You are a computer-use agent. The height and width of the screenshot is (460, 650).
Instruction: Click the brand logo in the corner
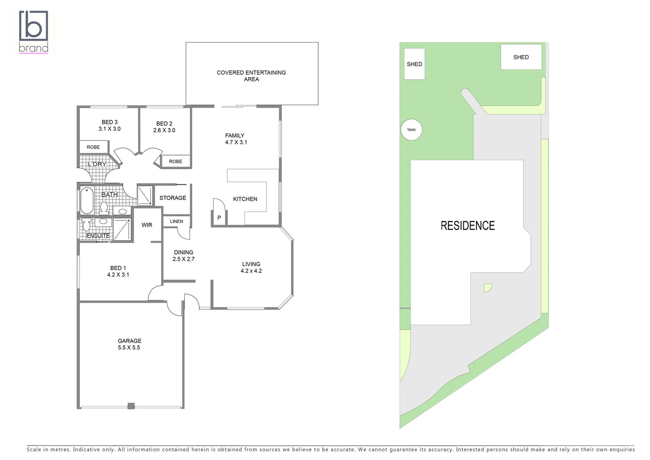33,32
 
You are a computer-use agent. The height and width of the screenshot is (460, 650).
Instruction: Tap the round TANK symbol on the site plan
411,129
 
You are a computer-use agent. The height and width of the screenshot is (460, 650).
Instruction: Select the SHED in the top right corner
521,57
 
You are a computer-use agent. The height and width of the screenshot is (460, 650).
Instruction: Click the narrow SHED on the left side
414,64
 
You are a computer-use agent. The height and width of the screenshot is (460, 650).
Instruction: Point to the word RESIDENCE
468,226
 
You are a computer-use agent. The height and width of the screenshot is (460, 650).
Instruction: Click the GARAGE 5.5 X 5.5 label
129,344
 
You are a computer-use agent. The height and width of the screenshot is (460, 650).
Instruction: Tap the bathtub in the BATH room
87,200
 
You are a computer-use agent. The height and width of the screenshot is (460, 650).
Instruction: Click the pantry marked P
219,218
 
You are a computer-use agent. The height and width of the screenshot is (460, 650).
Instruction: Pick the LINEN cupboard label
177,221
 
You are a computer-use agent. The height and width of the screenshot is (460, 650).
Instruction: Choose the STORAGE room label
173,198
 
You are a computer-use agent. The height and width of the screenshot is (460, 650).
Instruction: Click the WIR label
147,225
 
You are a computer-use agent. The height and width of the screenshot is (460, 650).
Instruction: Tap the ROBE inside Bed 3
93,147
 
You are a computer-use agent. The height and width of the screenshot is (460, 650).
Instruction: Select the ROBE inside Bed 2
175,161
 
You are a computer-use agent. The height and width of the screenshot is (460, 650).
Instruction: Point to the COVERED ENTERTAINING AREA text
251,76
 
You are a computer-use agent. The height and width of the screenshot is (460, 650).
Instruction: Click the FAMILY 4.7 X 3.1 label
236,139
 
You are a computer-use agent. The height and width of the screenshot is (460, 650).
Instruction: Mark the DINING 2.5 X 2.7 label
183,256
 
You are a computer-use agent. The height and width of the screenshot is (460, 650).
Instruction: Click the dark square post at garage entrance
131,406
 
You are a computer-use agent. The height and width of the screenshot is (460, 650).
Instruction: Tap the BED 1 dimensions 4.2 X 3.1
118,275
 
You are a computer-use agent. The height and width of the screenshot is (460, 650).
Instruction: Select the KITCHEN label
245,199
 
